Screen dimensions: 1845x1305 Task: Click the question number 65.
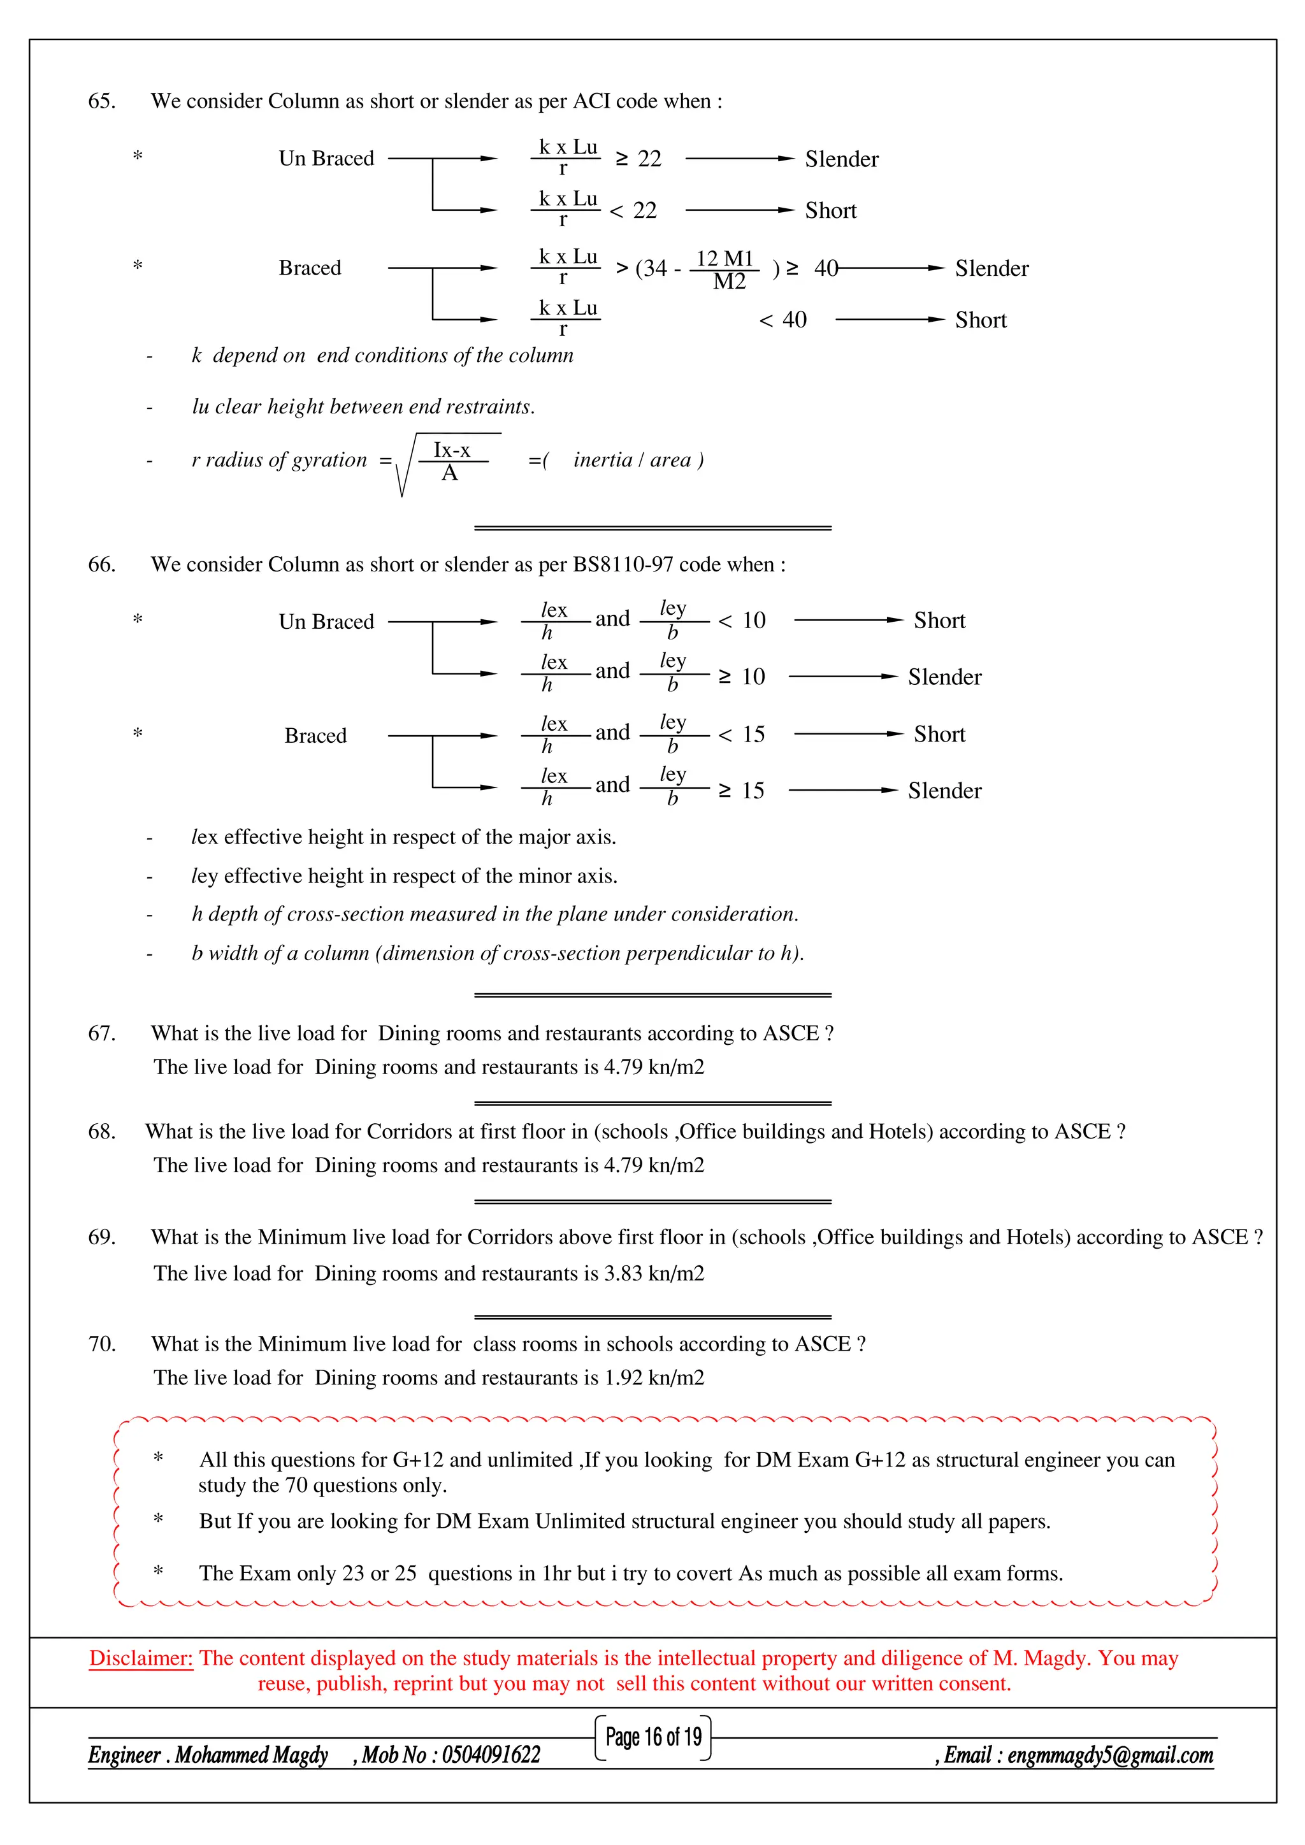tap(101, 101)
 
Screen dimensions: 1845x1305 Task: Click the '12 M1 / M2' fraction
tap(726, 269)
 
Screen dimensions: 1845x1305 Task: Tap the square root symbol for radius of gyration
tap(404, 465)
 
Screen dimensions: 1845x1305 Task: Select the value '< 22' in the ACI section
tap(634, 210)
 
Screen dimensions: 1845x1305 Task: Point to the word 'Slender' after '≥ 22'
tap(841, 159)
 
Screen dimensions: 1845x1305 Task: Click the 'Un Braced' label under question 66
tap(326, 622)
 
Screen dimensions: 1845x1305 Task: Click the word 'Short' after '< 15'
tap(939, 735)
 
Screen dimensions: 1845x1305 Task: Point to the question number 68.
tap(101, 1132)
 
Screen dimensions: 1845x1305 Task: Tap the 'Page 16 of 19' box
tap(653, 1737)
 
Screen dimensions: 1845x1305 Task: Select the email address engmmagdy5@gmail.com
tap(1110, 1755)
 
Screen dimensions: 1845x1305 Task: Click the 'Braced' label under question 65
tap(310, 268)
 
